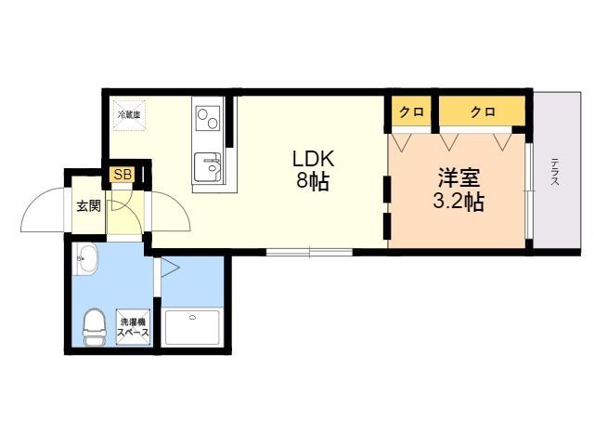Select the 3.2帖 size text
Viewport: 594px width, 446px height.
click(x=458, y=202)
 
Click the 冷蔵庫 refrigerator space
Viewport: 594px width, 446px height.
click(x=129, y=114)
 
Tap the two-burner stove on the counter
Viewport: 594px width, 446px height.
click(x=208, y=119)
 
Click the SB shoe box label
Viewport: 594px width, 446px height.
click(x=121, y=175)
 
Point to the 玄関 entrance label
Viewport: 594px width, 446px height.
click(x=89, y=205)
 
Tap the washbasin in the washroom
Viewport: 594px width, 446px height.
click(x=86, y=261)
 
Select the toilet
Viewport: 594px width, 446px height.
click(x=94, y=325)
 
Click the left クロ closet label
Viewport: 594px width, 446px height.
click(x=411, y=112)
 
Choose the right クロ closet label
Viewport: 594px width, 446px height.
click(x=482, y=112)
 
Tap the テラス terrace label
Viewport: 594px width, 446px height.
click(x=554, y=173)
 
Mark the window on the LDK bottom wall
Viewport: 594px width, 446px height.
click(x=309, y=251)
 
